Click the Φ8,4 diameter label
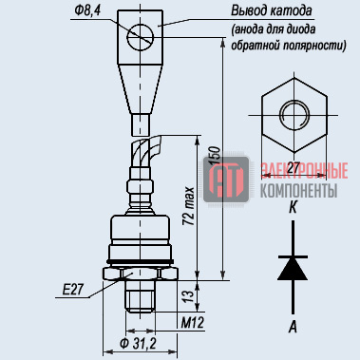[x=87, y=11]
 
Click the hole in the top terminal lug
[x=141, y=37]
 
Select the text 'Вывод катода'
[x=272, y=11]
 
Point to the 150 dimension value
[x=215, y=155]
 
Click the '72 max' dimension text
[x=189, y=206]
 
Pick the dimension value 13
[x=189, y=295]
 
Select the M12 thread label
[x=193, y=323]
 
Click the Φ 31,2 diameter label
[x=138, y=343]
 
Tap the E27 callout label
[x=72, y=290]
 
